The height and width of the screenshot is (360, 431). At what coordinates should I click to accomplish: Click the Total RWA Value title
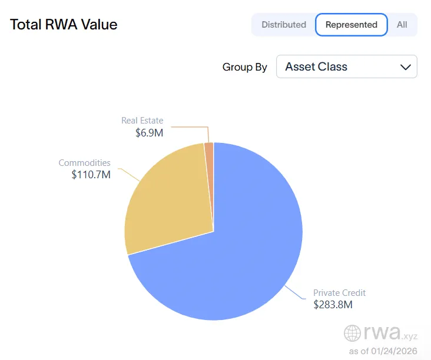64,25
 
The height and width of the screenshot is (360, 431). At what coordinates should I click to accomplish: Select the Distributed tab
284,25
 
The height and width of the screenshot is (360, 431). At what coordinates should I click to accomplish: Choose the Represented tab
351,25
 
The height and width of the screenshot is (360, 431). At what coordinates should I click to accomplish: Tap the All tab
402,25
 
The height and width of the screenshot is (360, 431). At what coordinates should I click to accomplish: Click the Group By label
244,67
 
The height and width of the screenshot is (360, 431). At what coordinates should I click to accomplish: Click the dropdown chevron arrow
405,67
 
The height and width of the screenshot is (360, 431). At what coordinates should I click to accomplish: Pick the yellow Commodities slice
168,200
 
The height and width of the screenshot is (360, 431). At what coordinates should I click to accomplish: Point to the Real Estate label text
142,121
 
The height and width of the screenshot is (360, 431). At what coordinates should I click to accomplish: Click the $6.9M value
149,133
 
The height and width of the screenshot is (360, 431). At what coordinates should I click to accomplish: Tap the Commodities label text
84,162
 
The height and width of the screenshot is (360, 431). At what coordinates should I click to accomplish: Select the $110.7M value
91,175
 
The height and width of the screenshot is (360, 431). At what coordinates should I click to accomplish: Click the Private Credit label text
339,292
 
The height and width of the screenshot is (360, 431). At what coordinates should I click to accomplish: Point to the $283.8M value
332,304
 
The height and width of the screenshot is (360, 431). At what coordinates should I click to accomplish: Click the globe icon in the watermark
353,334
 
